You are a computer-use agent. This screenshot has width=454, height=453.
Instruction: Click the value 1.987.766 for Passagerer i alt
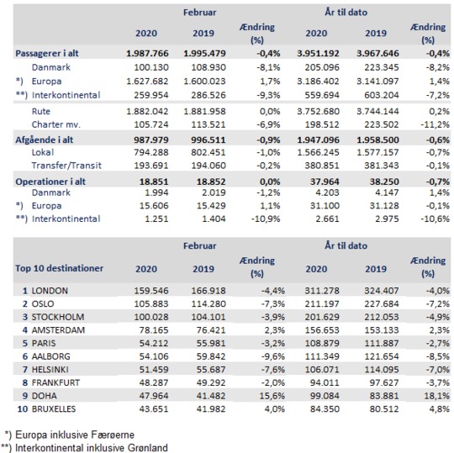[147, 54]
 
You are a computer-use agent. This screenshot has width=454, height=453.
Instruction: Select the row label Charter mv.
[55, 124]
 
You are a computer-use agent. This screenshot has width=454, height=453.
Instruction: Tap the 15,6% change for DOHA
[272, 396]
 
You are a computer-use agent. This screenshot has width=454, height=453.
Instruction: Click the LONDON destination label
[50, 291]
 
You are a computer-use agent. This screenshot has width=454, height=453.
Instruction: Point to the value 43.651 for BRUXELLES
[154, 409]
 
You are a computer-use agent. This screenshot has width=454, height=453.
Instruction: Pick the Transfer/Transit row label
[66, 166]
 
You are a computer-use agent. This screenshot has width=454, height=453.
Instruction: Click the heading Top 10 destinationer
[60, 268]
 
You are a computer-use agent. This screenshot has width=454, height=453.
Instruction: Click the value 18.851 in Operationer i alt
[154, 182]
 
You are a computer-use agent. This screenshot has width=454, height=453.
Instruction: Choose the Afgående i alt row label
[45, 140]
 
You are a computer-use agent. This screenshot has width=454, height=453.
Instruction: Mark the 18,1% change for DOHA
[437, 396]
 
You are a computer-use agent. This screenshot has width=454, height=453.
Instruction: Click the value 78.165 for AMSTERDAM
[154, 330]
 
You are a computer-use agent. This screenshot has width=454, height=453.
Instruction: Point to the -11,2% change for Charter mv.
[436, 124]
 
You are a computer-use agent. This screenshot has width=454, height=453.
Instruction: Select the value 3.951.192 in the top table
[318, 54]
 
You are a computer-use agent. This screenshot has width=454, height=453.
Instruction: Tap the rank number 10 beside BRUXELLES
[23, 409]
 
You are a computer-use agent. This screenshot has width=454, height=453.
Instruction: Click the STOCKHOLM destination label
[58, 317]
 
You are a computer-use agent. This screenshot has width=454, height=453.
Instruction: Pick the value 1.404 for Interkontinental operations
[214, 219]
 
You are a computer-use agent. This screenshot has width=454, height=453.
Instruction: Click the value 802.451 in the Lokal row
[209, 153]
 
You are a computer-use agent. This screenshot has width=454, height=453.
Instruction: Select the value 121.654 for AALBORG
[382, 356]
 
